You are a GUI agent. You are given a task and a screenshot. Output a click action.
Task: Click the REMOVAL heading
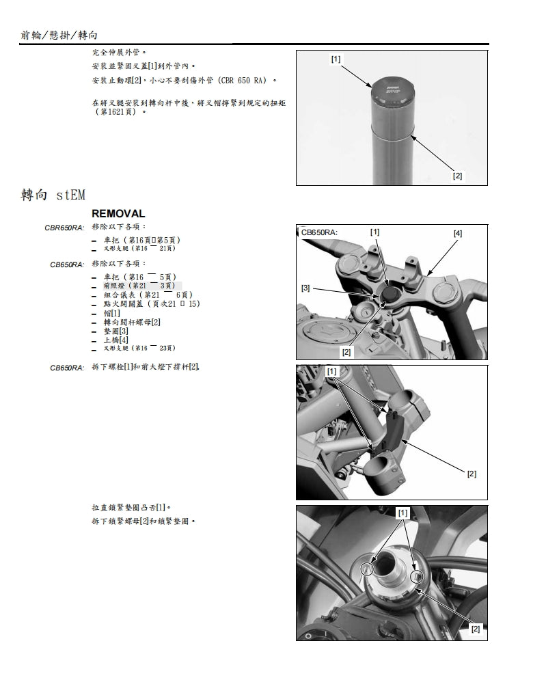[118, 214]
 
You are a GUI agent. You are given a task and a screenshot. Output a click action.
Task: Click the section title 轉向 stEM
[53, 195]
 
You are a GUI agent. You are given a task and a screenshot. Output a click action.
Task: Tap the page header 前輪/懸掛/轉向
[59, 35]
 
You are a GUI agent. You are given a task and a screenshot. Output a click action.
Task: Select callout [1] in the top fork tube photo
[336, 59]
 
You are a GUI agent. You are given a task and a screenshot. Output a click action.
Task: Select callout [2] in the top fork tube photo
[457, 176]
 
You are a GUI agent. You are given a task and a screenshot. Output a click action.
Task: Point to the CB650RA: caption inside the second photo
[319, 232]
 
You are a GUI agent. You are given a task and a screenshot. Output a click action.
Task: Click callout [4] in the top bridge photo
[457, 233]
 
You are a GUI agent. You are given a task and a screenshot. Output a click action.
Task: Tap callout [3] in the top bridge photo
[306, 288]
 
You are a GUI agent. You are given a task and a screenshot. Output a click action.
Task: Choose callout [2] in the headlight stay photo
[471, 474]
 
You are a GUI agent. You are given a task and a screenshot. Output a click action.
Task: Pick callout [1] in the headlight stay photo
[332, 371]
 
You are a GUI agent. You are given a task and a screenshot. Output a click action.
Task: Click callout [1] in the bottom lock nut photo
[402, 512]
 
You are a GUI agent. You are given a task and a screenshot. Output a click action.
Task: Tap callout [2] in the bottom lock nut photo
[475, 629]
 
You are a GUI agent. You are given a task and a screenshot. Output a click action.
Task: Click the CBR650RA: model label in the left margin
[66, 227]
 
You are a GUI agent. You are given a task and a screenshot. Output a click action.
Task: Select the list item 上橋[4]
[115, 340]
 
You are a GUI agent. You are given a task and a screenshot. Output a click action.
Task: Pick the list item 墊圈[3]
[115, 331]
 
